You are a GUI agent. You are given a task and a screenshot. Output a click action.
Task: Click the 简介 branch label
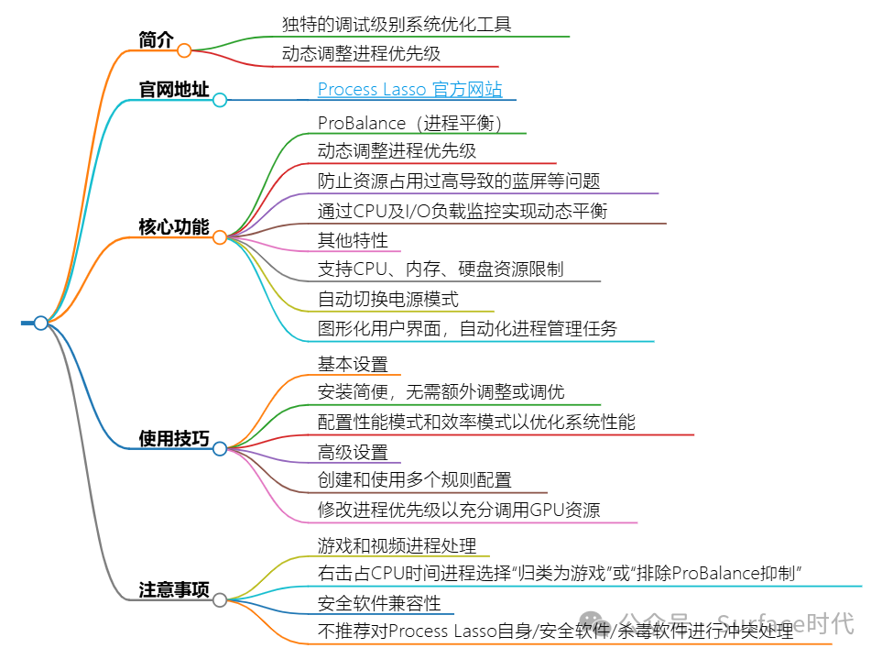[155, 39]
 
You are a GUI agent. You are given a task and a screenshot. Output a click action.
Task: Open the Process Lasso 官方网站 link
[409, 89]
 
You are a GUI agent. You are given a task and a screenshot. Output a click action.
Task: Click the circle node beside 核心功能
[220, 237]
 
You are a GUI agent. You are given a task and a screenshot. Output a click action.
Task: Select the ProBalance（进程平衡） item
[409, 123]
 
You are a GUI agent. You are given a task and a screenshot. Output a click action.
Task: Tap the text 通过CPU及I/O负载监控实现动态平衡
[463, 211]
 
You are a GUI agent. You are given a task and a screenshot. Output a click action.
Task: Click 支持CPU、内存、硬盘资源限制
[441, 269]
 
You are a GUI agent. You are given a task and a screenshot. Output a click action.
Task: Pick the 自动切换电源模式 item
[388, 299]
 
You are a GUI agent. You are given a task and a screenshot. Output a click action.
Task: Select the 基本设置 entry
[353, 364]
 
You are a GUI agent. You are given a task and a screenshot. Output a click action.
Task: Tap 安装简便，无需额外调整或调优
[441, 392]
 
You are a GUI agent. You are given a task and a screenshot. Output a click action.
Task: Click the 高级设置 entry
[353, 452]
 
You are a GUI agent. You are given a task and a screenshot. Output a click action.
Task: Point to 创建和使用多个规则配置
[415, 480]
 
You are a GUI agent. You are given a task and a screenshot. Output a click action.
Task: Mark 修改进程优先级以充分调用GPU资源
[459, 511]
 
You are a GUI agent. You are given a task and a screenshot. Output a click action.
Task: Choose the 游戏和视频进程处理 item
[397, 546]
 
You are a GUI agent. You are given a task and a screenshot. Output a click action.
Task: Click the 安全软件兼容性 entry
[379, 603]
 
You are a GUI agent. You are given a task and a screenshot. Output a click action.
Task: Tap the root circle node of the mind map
[40, 323]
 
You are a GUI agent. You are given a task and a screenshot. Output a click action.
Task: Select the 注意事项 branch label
[173, 588]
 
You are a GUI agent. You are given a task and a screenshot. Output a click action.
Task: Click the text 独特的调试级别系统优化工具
[397, 25]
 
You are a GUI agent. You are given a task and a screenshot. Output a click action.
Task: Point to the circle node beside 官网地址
[220, 100]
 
